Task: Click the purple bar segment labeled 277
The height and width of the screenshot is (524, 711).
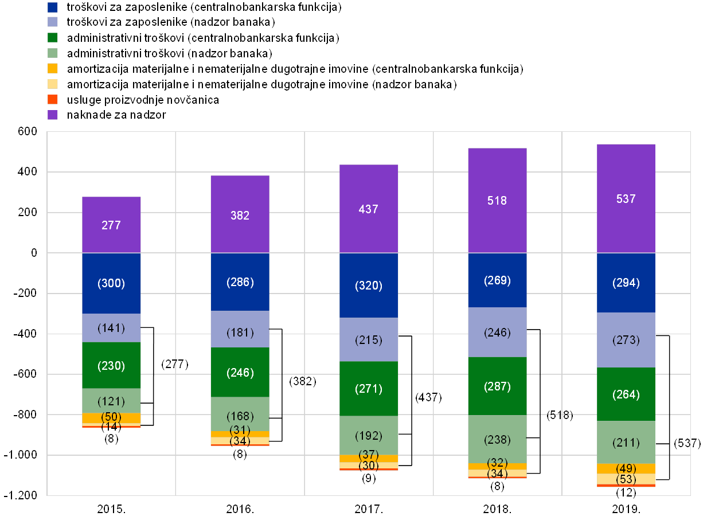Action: pyautogui.click(x=111, y=225)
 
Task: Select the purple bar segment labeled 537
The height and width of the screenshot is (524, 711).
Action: pyautogui.click(x=626, y=198)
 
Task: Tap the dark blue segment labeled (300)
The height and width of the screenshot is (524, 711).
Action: pyautogui.click(x=111, y=283)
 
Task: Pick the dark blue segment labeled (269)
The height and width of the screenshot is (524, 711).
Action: pyautogui.click(x=497, y=280)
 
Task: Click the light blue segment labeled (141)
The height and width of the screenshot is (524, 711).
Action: pyautogui.click(x=111, y=328)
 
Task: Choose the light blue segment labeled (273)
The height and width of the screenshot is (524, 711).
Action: pyautogui.click(x=626, y=340)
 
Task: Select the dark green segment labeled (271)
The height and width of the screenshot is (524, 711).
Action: pyautogui.click(x=368, y=389)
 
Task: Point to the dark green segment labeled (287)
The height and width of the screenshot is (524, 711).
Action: pyautogui.click(x=497, y=386)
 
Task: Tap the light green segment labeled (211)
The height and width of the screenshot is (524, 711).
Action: pyautogui.click(x=626, y=443)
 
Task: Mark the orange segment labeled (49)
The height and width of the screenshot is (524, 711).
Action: pyautogui.click(x=626, y=469)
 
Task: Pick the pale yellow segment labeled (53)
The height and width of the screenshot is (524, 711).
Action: pyautogui.click(x=626, y=479)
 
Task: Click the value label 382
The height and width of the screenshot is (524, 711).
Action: pyautogui.click(x=240, y=216)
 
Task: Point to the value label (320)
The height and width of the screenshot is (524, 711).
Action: pyautogui.click(x=368, y=286)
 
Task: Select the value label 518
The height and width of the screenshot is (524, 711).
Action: pyautogui.click(x=497, y=201)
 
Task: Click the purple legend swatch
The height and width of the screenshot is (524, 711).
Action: pyautogui.click(x=53, y=115)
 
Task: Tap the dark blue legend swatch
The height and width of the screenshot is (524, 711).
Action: pyautogui.click(x=53, y=7)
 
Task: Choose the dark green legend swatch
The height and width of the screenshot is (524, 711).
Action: pyautogui.click(x=53, y=38)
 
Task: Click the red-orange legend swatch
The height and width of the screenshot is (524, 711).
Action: pyautogui.click(x=53, y=100)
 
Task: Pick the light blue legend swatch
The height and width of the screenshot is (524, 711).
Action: pyautogui.click(x=53, y=22)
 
